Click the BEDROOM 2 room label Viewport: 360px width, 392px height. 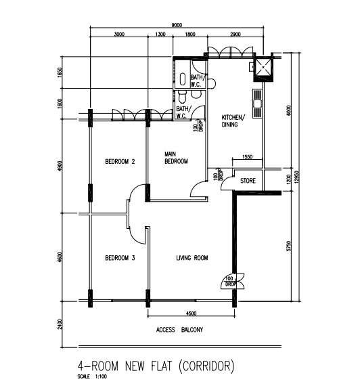pos(120,162)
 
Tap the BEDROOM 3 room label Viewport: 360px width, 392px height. pos(120,258)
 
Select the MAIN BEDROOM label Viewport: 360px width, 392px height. pos(176,158)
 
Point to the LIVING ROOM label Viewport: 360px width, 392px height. pos(192,258)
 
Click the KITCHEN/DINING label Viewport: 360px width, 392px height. pos(233,121)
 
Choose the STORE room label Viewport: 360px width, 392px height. pos(248,181)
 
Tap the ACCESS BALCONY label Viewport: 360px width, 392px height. pos(179,330)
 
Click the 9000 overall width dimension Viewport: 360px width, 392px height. pos(177,25)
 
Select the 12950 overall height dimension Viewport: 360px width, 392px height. pos(297,177)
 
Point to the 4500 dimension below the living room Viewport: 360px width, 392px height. pos(191,313)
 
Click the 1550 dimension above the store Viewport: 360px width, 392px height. pos(247,157)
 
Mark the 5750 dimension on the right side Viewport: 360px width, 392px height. pos(289,246)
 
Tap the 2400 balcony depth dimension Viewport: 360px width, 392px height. pos(60,324)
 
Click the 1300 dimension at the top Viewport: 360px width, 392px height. pos(160,35)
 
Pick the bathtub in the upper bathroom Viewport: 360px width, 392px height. pos(183,79)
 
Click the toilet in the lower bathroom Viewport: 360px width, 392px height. pos(182,97)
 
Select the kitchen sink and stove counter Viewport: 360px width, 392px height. pos(257,104)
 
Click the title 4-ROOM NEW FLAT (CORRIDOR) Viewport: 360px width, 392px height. pos(156,366)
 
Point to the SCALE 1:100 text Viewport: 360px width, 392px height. pos(92,376)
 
